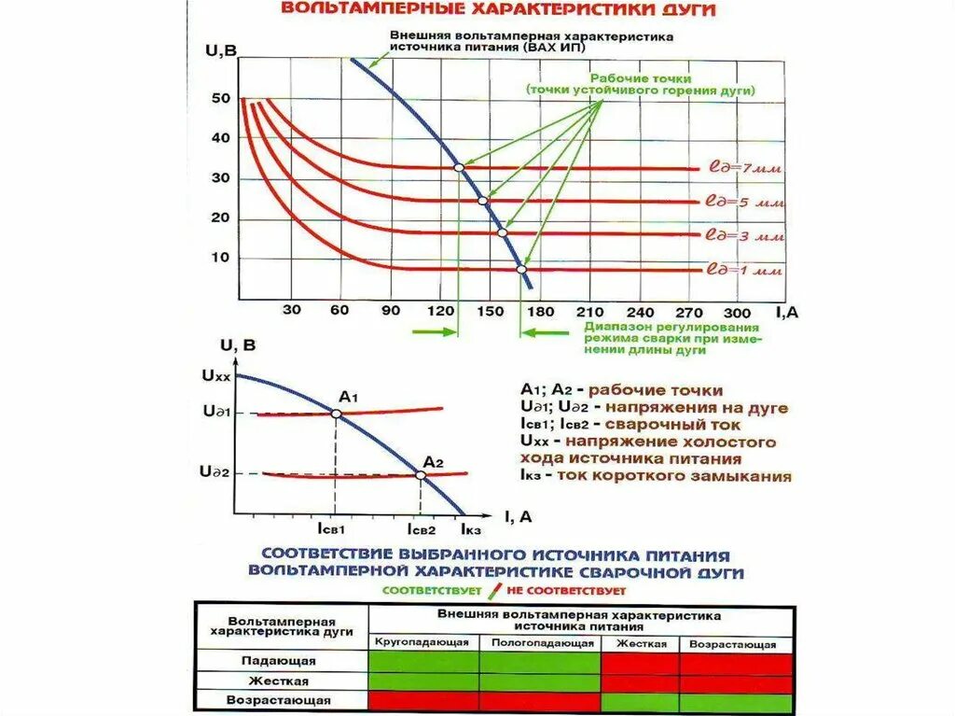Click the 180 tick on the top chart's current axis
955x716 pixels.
click(542, 312)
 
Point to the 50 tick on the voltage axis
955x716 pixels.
click(220, 98)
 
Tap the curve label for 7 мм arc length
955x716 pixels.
click(743, 170)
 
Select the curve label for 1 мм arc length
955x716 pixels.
click(743, 271)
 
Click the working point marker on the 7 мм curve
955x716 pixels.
click(458, 168)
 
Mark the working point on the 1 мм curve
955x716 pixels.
click(522, 270)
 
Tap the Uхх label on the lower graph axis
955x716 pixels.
click(215, 376)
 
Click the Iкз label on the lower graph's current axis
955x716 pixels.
click(472, 529)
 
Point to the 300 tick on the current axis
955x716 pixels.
click(736, 312)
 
